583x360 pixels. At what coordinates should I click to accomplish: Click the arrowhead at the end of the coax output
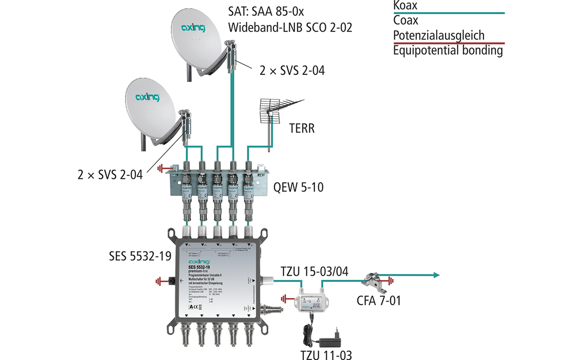click(435, 275)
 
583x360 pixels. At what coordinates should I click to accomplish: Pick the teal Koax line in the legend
click(449, 13)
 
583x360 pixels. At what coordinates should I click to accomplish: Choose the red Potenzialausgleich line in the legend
click(449, 43)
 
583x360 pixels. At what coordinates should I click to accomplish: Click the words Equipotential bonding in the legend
click(448, 50)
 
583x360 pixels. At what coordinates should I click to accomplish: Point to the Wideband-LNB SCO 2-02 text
click(291, 27)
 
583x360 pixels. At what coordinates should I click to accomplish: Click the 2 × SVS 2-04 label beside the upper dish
click(292, 71)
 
